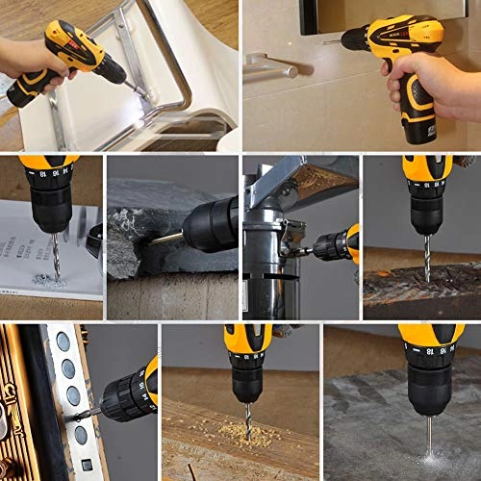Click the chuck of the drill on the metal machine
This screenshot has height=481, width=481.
click(x=330, y=247)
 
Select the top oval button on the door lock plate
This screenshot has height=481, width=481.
click(x=63, y=341)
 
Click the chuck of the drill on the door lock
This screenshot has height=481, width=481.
click(x=122, y=394)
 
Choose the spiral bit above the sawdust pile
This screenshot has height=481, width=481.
click(x=246, y=419)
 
